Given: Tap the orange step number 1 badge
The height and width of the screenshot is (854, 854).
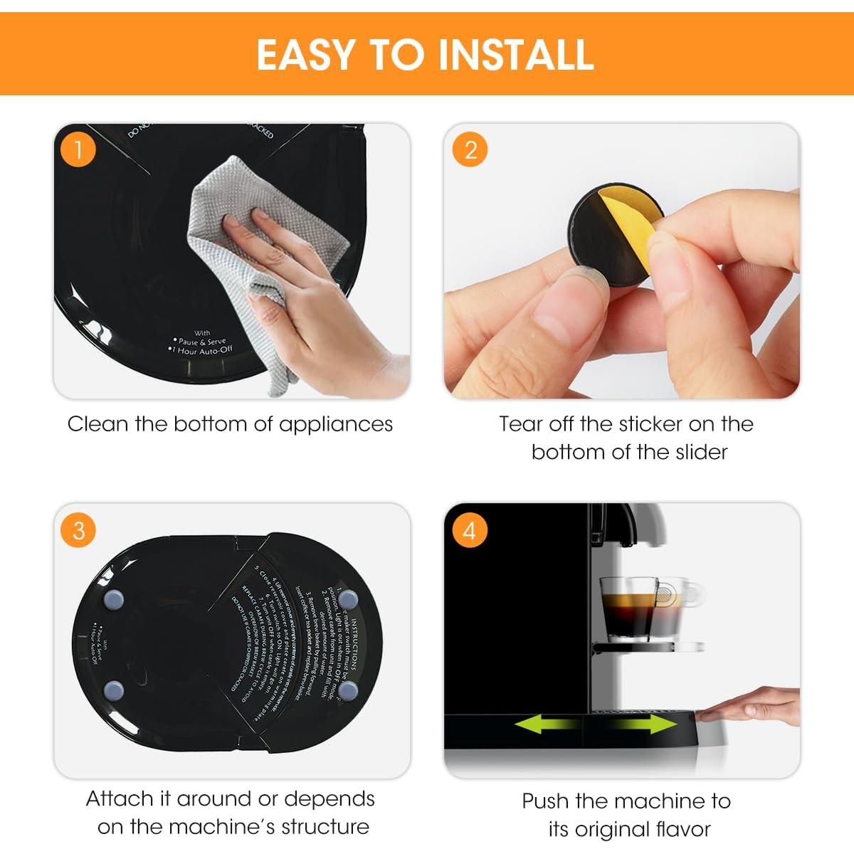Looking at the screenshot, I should pos(78,149).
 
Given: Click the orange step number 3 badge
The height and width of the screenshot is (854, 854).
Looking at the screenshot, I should pos(78,530).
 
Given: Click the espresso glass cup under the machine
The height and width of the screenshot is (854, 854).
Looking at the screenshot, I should pos(630,608).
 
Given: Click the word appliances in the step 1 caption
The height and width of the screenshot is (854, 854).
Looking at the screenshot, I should pos(335,424).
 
